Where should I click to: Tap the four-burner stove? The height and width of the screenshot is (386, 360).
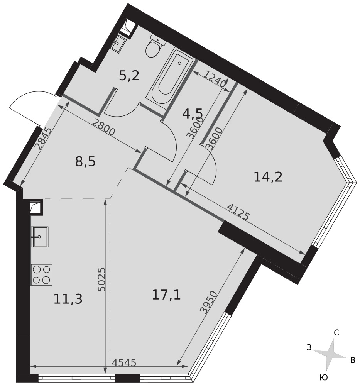(x=42, y=275)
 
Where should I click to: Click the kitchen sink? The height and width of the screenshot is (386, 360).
(x=40, y=237)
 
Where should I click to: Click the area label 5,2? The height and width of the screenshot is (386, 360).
(x=129, y=76)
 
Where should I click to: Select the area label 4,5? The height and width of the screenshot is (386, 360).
(x=193, y=114)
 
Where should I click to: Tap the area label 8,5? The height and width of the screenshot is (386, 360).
(x=85, y=162)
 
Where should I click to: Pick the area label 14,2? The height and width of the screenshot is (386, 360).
(x=268, y=177)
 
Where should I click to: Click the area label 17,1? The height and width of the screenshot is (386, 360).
(x=166, y=295)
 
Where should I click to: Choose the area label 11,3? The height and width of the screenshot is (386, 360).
(x=68, y=299)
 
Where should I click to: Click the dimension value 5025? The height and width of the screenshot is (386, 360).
(x=101, y=279)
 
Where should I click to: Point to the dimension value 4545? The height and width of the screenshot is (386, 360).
(x=124, y=362)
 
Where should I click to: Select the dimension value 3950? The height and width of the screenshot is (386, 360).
(x=209, y=302)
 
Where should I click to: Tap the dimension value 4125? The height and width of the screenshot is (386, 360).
(x=238, y=212)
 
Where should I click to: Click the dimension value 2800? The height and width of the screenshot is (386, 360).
(x=103, y=128)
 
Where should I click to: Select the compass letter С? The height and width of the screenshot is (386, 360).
(x=336, y=333)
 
